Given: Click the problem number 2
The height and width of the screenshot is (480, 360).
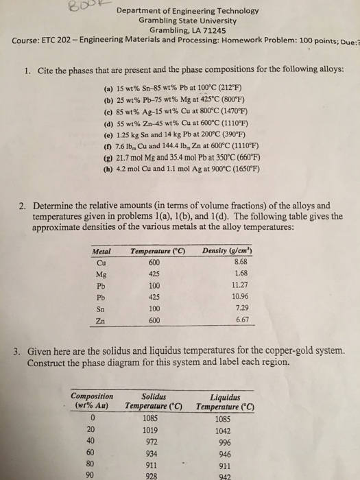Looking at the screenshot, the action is [25, 205].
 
